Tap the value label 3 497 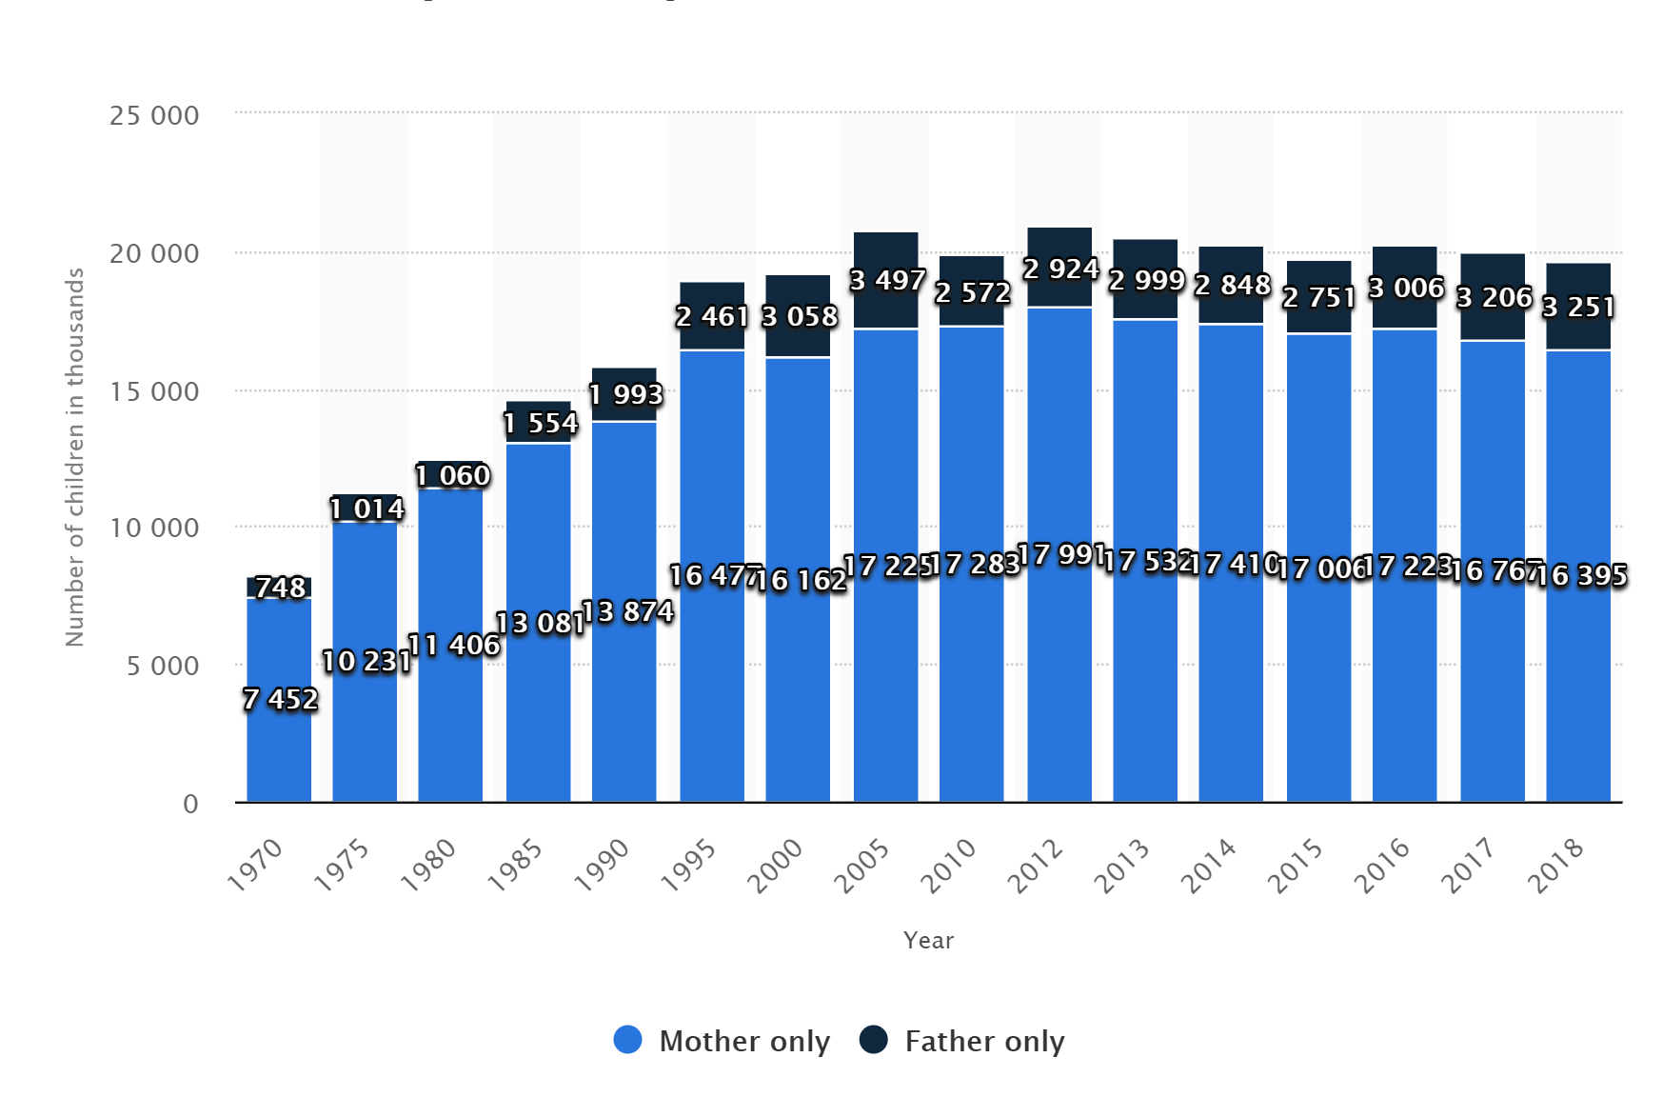click(x=887, y=280)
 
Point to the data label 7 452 click(x=280, y=699)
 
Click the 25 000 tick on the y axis click(x=154, y=116)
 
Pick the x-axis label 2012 click(x=1036, y=865)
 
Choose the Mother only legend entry click(x=743, y=1041)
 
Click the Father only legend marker click(x=873, y=1040)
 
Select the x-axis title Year click(x=928, y=941)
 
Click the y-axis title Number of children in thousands click(x=75, y=457)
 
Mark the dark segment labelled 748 click(x=279, y=588)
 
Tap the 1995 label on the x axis click(x=689, y=865)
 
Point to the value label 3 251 click(x=1578, y=307)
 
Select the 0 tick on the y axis click(x=190, y=804)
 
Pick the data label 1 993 click(x=625, y=393)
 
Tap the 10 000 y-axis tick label click(x=154, y=528)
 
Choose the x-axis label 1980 click(x=428, y=865)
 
